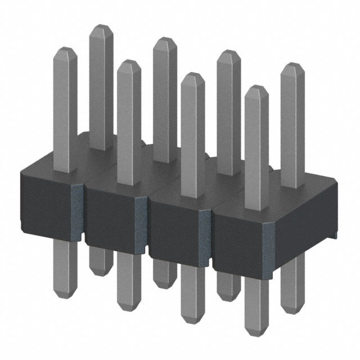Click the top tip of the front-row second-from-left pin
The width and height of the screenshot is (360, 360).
click(x=129, y=62)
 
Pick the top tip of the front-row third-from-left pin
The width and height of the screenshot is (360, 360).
click(x=193, y=75)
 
